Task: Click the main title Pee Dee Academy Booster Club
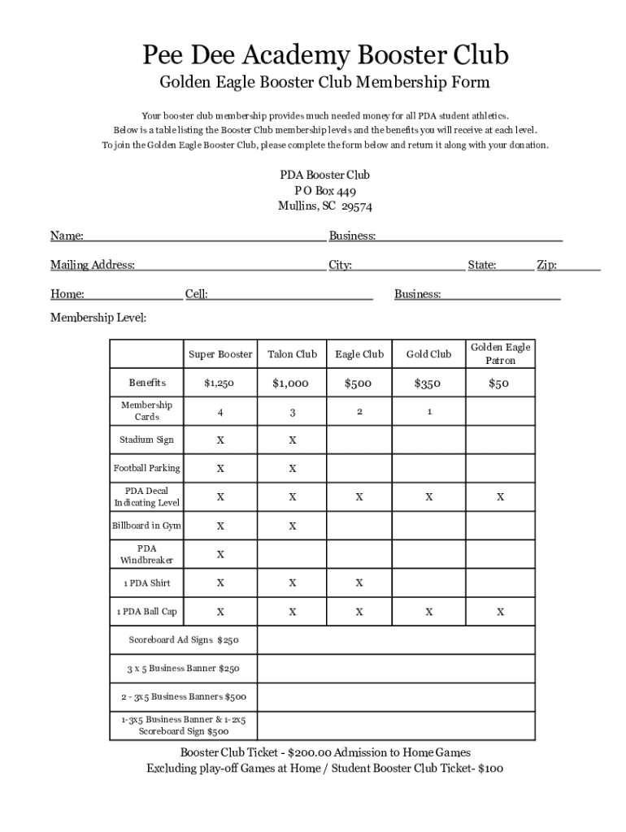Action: pyautogui.click(x=325, y=55)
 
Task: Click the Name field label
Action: pyautogui.click(x=67, y=236)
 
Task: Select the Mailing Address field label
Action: pyautogui.click(x=93, y=265)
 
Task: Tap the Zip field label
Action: pyautogui.click(x=546, y=265)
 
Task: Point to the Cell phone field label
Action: pyautogui.click(x=196, y=294)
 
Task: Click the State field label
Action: pyautogui.click(x=482, y=265)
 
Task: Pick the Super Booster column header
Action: pyautogui.click(x=220, y=354)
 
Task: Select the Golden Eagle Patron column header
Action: pyautogui.click(x=500, y=353)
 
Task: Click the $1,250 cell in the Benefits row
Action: pyautogui.click(x=220, y=383)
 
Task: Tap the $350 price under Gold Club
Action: pyautogui.click(x=428, y=383)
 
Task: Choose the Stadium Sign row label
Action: pyautogui.click(x=146, y=440)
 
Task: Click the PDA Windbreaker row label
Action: pyautogui.click(x=146, y=554)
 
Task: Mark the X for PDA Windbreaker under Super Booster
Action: pyautogui.click(x=220, y=555)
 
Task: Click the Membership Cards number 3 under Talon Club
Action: pyautogui.click(x=292, y=413)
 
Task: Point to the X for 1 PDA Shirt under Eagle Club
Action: pyautogui.click(x=359, y=583)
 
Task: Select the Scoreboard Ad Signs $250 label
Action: pyautogui.click(x=184, y=640)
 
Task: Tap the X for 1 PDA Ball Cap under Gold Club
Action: pyautogui.click(x=428, y=612)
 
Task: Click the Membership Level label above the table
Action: pyautogui.click(x=98, y=318)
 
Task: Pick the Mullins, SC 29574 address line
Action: pyautogui.click(x=325, y=206)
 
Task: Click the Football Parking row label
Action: pyautogui.click(x=146, y=468)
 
